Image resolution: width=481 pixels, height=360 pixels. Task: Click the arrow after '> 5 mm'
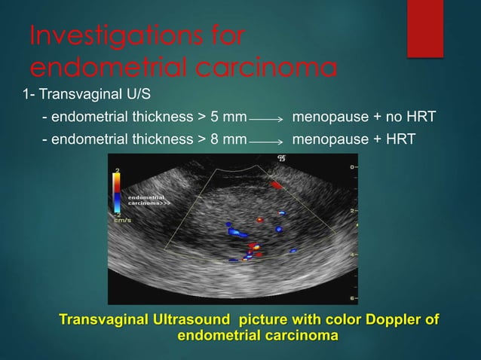(x=265, y=119)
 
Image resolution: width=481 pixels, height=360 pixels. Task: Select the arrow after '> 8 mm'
(x=265, y=141)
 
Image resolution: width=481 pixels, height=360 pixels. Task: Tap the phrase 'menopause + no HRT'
(x=363, y=117)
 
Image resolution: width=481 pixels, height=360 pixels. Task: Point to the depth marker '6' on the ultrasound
(x=353, y=297)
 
